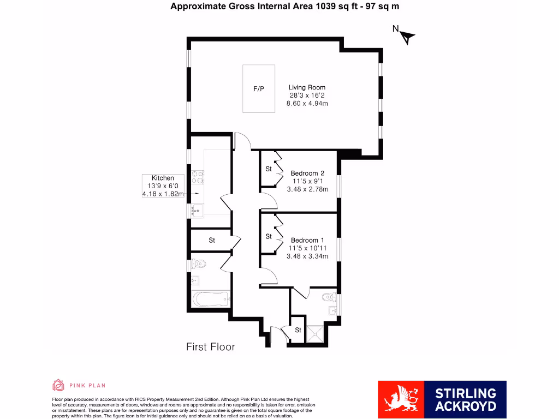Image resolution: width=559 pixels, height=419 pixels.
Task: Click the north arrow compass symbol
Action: click(x=407, y=37)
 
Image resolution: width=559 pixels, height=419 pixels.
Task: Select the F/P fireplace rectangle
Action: click(x=259, y=88)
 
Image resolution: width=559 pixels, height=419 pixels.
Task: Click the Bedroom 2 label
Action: click(x=307, y=173)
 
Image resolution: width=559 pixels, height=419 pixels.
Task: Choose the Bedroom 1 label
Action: click(x=307, y=240)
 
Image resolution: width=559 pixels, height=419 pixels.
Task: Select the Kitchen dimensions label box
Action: click(x=163, y=185)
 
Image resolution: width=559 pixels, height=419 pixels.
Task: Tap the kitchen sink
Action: click(x=198, y=209)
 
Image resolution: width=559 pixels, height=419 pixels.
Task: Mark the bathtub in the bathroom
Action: click(x=211, y=299)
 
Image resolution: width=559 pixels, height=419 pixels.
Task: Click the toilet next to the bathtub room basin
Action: click(x=199, y=264)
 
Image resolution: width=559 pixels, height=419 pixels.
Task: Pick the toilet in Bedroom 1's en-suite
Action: click(x=329, y=297)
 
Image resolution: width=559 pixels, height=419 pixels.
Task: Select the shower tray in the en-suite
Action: click(x=313, y=334)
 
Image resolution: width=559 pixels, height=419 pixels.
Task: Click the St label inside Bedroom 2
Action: click(x=269, y=169)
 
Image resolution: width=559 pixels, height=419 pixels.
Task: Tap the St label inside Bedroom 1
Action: click(x=269, y=236)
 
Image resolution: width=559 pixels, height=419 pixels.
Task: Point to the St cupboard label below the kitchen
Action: click(x=212, y=240)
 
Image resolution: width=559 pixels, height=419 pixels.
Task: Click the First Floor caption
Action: click(x=211, y=346)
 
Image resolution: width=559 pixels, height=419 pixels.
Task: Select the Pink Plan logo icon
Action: click(x=58, y=385)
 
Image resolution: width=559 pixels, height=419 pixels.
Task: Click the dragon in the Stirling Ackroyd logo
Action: click(x=401, y=399)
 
